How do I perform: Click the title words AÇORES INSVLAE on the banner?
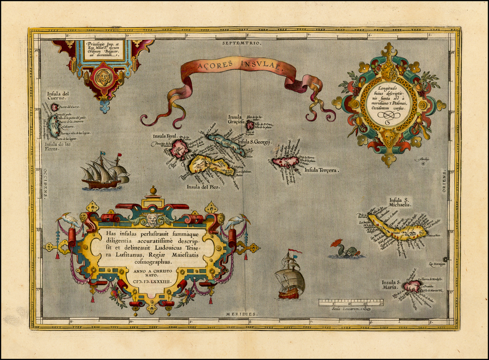click(237, 67)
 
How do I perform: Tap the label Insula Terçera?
click(321, 169)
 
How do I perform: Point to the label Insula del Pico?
click(203, 187)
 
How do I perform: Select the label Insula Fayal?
click(165, 136)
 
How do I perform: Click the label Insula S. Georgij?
click(254, 142)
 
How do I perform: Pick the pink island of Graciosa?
click(250, 125)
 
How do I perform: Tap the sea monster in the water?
click(347, 250)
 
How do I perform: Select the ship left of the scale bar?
click(290, 278)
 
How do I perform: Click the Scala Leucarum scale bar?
click(351, 303)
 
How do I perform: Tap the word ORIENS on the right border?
click(444, 181)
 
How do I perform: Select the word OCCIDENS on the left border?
click(45, 183)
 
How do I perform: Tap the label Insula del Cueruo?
click(58, 96)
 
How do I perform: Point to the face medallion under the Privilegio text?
click(103, 76)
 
